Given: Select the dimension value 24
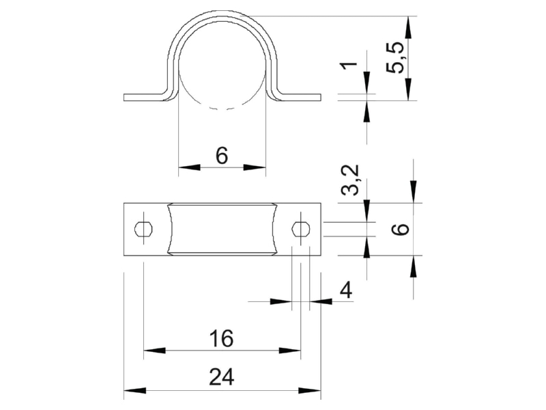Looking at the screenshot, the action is pyautogui.click(x=222, y=377).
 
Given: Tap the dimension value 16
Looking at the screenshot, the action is pyautogui.click(x=221, y=338).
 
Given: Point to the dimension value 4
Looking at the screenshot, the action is pyautogui.click(x=346, y=290).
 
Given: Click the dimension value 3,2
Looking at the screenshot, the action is pyautogui.click(x=349, y=180).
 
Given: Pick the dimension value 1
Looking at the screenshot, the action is pyautogui.click(x=349, y=64).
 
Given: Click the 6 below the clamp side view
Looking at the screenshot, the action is pyautogui.click(x=222, y=155).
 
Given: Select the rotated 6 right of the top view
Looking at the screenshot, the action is pyautogui.click(x=401, y=230).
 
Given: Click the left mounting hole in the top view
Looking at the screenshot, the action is pyautogui.click(x=143, y=229).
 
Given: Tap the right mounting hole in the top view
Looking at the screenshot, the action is pyautogui.click(x=301, y=229).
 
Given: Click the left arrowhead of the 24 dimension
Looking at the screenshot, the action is pyautogui.click(x=134, y=390).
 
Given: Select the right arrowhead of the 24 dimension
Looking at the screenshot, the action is pyautogui.click(x=310, y=390).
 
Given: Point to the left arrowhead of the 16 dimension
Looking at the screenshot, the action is pyautogui.click(x=154, y=350).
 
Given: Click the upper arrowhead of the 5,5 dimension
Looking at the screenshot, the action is pyautogui.click(x=408, y=27).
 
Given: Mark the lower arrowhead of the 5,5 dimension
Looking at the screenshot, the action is pyautogui.click(x=408, y=90).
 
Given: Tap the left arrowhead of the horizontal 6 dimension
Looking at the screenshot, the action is pyautogui.click(x=190, y=167).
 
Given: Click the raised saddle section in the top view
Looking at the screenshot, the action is pyautogui.click(x=222, y=229).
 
